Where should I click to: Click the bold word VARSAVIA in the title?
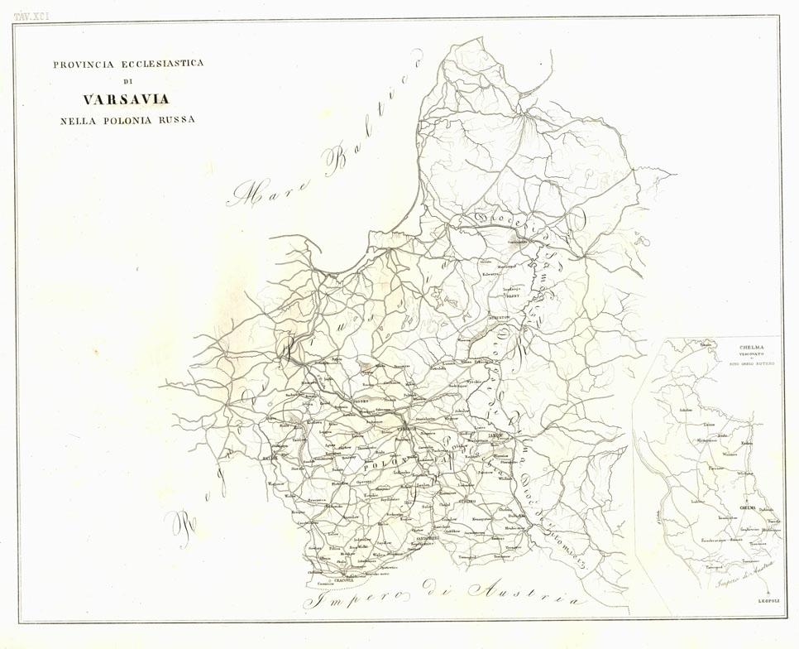tap(127, 99)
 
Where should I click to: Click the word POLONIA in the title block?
tap(126, 120)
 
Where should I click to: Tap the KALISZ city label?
tap(270, 456)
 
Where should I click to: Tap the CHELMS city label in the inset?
tap(747, 506)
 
